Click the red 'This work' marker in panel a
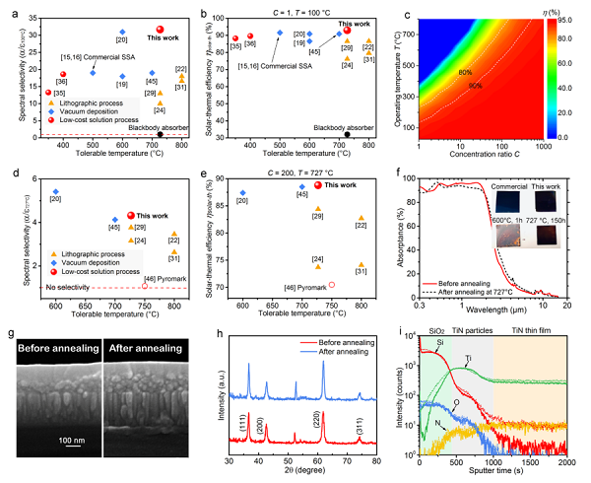click(160, 31)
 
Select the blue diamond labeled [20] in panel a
click(123, 32)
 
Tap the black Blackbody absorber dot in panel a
click(160, 133)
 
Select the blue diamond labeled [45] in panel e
click(303, 186)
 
